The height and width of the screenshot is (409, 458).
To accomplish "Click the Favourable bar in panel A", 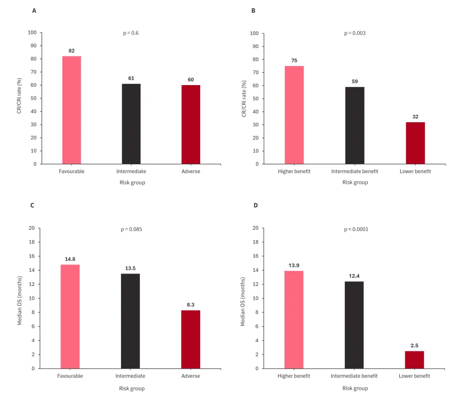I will coord(71,110).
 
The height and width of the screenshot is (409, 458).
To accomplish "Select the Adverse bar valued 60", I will coord(191,124).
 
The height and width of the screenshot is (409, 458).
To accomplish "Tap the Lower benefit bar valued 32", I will coord(415,143).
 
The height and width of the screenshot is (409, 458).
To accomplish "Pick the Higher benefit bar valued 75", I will coord(294,115).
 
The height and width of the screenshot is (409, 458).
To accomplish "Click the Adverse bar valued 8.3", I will coord(191,339).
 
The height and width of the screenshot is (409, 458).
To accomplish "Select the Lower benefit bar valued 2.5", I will coord(414,360).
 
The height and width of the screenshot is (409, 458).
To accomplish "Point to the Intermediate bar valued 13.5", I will coord(131,321).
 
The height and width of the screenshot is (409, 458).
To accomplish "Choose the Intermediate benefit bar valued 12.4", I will coord(354,325).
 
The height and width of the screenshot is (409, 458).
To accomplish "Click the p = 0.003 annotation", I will coord(354,33).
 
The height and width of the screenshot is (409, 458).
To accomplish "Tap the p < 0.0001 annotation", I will coord(356,229).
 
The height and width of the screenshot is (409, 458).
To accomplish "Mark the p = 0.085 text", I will coord(130,229).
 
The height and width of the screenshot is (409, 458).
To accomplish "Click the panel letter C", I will coord(33,205).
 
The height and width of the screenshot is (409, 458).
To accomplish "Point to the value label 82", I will coord(71,51).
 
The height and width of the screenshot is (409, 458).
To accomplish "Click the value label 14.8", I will coord(70,259).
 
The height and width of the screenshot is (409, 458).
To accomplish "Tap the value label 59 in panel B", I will coord(355,81).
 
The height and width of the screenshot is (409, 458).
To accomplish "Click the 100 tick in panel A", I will coord(32,32).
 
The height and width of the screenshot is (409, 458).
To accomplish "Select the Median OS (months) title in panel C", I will coord(20,300).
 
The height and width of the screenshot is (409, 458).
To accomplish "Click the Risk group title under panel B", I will coord(355,182).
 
